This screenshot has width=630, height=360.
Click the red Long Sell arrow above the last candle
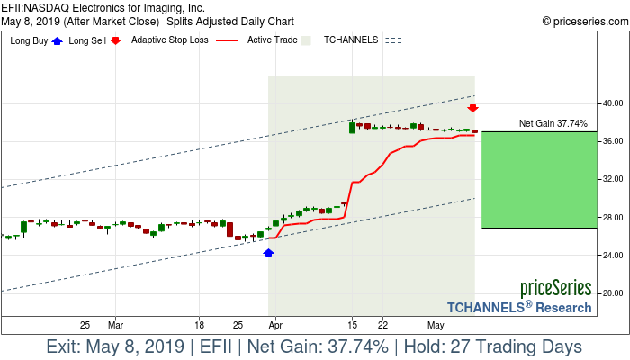472,108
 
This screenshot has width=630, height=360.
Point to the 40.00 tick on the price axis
615,103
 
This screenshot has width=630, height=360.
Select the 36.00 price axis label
615,141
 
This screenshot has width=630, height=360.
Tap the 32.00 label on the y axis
615,179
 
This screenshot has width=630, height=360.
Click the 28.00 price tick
615,217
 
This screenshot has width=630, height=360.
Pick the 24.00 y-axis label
615,255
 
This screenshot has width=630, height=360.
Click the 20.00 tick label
615,292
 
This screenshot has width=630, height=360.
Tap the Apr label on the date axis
275,323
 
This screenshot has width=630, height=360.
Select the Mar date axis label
115,323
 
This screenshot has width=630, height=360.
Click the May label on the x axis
436,323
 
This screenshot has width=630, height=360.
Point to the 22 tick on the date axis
382,323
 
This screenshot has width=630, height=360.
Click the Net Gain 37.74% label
553,123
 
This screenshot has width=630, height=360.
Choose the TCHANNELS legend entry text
350,40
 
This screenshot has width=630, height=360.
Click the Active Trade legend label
273,40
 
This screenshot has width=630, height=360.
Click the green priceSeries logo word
555,289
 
